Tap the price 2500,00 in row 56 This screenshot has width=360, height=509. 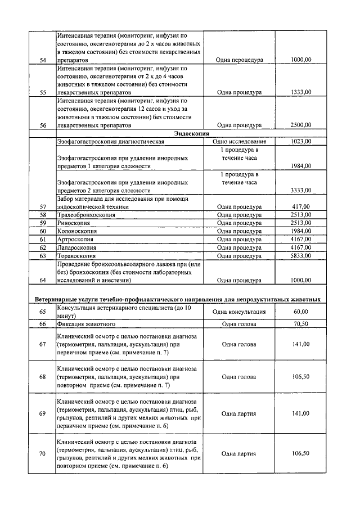coord(300,125)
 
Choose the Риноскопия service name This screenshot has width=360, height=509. coord(73,223)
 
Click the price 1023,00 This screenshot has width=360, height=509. coord(301,142)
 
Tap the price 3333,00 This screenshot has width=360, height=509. coord(300,190)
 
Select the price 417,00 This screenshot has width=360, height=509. coord(302,206)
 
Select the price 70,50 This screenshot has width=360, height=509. coord(301,325)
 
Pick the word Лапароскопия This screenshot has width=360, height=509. coord(76,247)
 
